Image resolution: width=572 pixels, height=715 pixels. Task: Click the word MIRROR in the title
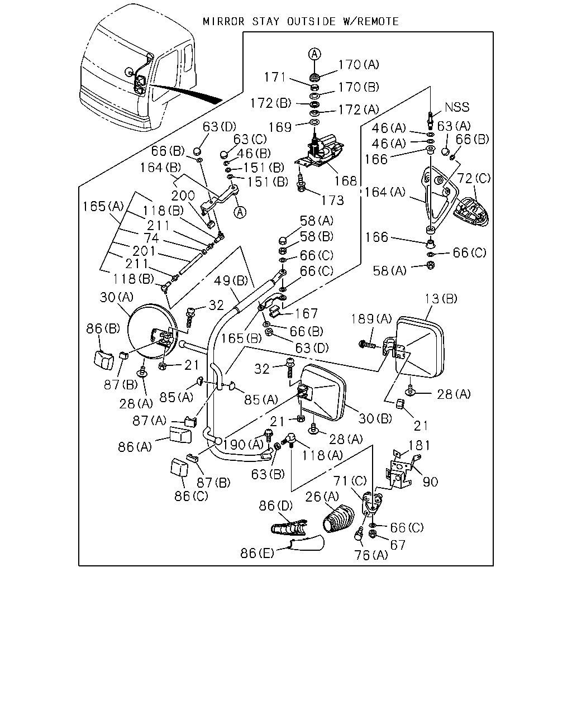coord(223,22)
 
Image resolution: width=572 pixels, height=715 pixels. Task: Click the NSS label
coord(457,107)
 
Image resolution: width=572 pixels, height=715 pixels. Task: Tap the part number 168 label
coord(346,181)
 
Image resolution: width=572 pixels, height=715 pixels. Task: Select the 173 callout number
coord(332,200)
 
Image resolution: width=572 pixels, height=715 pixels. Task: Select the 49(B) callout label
coord(231,281)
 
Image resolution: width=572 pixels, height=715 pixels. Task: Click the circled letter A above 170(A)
coord(314,54)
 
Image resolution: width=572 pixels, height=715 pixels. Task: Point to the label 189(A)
coord(371,319)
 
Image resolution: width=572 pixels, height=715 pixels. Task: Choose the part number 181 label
coord(419,445)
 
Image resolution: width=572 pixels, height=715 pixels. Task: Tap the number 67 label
coord(398,545)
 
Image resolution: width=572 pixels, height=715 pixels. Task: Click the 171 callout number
coord(275,77)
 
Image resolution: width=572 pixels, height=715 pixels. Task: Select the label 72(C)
coord(474,178)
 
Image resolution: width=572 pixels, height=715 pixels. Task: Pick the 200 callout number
coord(183,196)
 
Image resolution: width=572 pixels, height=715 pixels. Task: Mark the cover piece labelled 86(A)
coord(180,435)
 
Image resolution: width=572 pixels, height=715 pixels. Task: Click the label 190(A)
coord(244,444)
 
